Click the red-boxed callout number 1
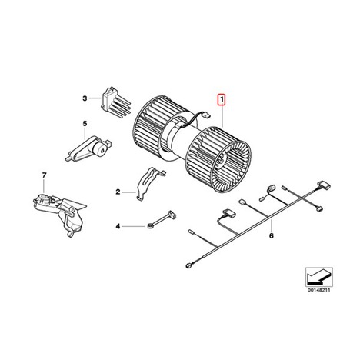pos(221,100)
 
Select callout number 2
pos(118,192)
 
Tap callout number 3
pos(85,98)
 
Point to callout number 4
pos(118,226)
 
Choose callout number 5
pos(85,124)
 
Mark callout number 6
pos(272,235)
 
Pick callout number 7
pos(44,175)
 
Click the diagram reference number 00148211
pos(319,291)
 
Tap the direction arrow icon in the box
pos(318,277)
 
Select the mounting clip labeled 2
pos(150,183)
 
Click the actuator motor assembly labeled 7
pos(59,212)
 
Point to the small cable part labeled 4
pos(162,220)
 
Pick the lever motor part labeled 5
pos(87,148)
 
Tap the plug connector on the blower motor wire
pos(205,115)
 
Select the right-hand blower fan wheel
pos(218,160)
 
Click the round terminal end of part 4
pos(149,226)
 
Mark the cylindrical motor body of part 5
pos(99,148)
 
